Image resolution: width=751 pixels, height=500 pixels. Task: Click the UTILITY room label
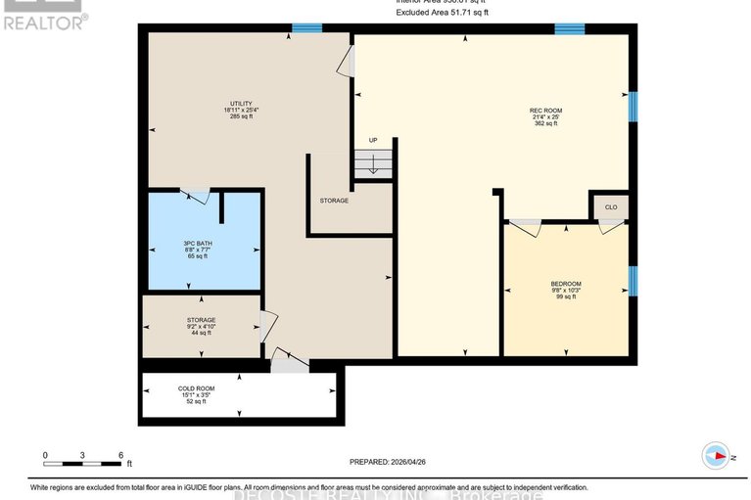(241, 103)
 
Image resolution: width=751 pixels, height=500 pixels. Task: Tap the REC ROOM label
(545, 111)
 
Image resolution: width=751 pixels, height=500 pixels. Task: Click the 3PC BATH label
(198, 244)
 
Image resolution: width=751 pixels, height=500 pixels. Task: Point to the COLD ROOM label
(196, 388)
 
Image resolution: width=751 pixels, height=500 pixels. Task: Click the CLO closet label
(610, 207)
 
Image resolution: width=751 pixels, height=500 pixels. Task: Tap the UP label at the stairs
(373, 141)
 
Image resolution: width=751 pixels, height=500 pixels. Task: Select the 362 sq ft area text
(545, 124)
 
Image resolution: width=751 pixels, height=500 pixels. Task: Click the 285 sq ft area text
(241, 116)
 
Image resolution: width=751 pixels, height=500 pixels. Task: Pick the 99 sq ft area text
(565, 296)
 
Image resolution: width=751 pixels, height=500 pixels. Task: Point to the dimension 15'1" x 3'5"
(196, 395)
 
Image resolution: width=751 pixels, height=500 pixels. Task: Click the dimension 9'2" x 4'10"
(202, 327)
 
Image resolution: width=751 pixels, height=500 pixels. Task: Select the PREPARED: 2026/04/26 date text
(397, 462)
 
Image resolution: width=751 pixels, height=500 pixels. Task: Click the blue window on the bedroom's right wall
(633, 282)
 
